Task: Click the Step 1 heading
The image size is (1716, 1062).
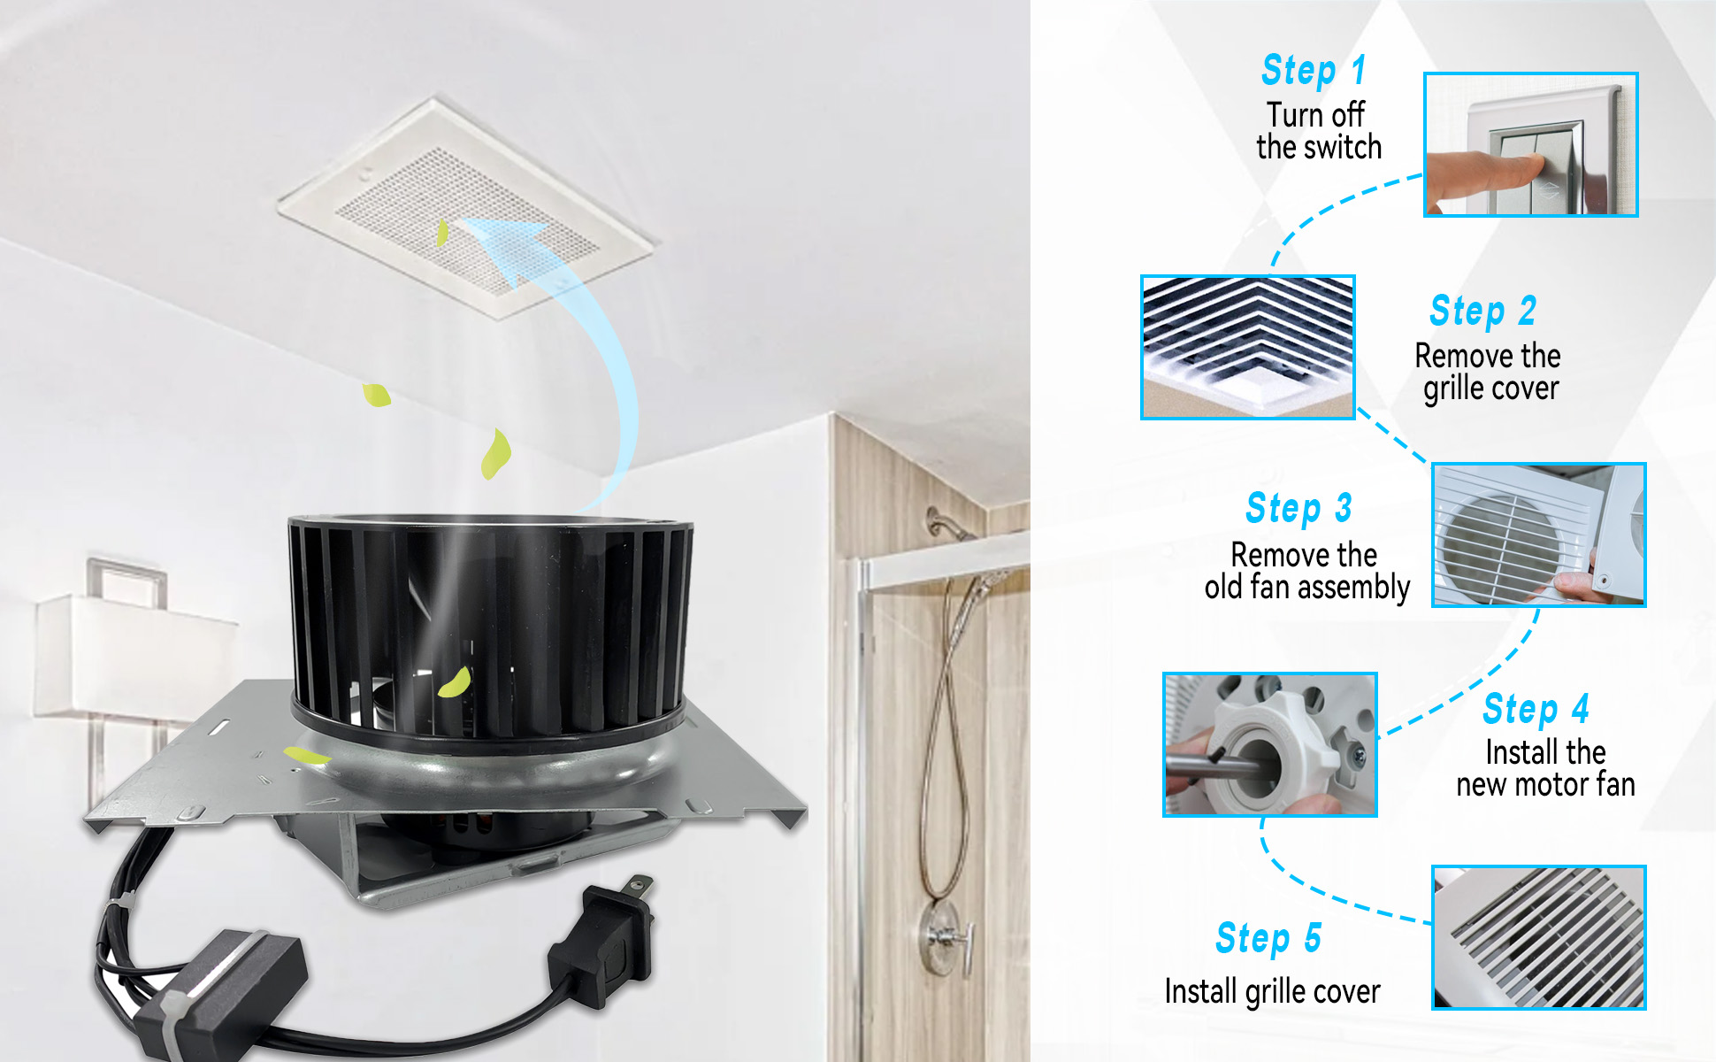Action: click(x=1314, y=70)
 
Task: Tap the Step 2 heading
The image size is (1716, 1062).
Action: click(x=1483, y=311)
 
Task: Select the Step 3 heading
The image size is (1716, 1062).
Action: click(x=1298, y=508)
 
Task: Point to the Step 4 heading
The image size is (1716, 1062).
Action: click(x=1536, y=708)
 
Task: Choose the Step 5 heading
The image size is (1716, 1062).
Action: click(x=1268, y=938)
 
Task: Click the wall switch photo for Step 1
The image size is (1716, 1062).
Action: click(x=1531, y=145)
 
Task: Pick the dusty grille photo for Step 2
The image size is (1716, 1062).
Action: click(x=1248, y=347)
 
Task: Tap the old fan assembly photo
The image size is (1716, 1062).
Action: click(x=1539, y=535)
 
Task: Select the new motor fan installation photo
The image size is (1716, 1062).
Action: click(x=1270, y=744)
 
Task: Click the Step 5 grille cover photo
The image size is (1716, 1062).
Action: click(x=1539, y=937)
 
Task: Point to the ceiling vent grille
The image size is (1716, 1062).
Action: click(x=466, y=208)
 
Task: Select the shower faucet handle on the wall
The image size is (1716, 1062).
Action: click(x=946, y=935)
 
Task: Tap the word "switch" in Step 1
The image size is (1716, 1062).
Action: click(x=1338, y=147)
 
